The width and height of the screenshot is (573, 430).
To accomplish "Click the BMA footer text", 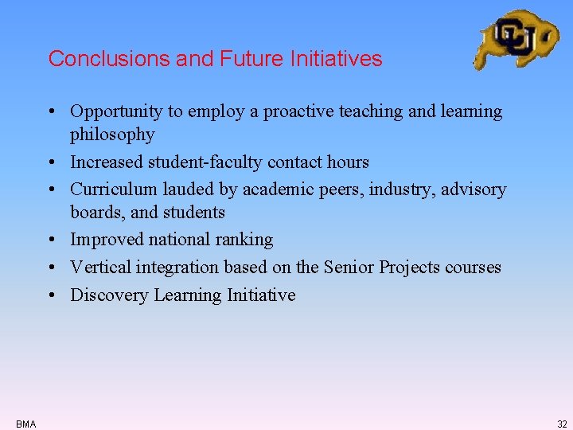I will (x=25, y=424).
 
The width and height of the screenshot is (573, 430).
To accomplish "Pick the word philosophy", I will (x=112, y=135).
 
